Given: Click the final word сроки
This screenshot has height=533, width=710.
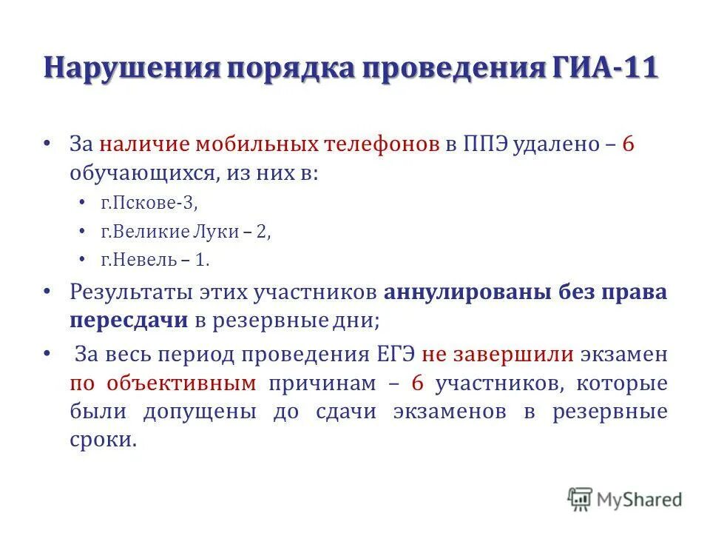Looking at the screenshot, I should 104,440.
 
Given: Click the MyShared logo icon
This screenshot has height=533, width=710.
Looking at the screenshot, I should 581,498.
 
